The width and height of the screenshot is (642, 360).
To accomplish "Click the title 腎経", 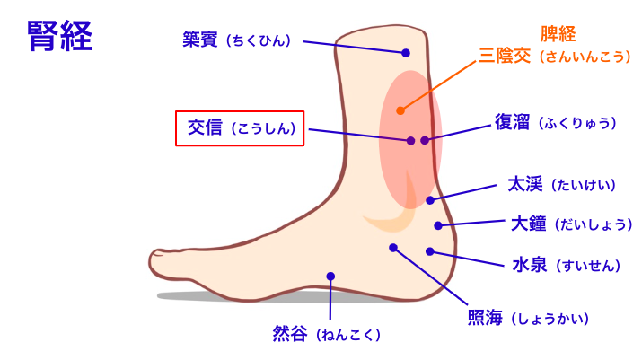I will coord(60,37).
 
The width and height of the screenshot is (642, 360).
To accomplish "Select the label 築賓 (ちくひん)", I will coord(241,40).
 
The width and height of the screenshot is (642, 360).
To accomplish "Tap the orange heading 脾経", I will coord(557,34).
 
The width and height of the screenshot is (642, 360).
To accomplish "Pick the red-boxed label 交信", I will coord(240,128).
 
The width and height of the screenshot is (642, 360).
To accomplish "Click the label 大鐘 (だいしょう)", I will coord(572,224).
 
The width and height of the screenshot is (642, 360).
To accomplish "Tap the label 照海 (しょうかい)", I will coord(527,318).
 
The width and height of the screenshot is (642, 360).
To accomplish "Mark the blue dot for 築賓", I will coord(406,53).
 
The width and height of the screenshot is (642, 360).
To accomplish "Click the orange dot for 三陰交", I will coord(400,110).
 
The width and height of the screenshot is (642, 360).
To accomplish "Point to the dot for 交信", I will coord(410,141).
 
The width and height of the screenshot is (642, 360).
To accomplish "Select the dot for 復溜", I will coord(425,140).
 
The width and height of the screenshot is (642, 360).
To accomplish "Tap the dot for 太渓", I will coord(430,200).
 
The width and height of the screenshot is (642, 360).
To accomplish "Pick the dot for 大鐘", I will coord(438,225).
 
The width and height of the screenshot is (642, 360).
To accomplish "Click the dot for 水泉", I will coord(430,251).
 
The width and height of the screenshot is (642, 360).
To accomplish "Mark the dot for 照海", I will coord(392,247).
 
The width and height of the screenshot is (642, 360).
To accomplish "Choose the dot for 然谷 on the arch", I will coord(330,277).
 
